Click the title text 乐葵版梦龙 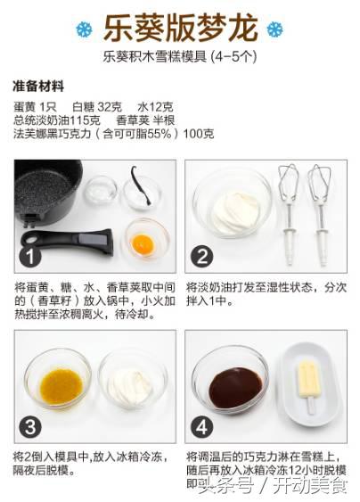pos(180,28)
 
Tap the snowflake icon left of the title pos(84,29)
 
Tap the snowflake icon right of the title pos(275,29)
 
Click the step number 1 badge pos(31,258)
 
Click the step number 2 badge pos(202,258)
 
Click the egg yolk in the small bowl pos(145,242)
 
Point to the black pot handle pos(67,239)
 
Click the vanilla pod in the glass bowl pos(140,189)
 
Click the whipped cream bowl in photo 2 pos(233,211)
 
